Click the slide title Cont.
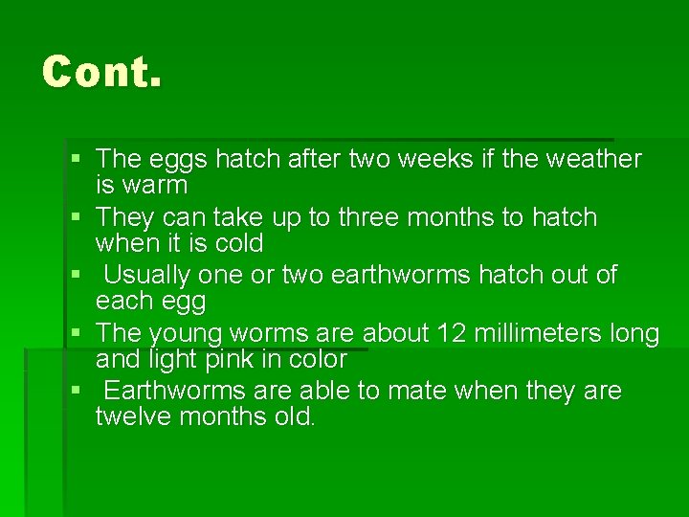click(101, 72)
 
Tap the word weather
click(593, 159)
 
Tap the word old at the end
click(294, 417)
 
